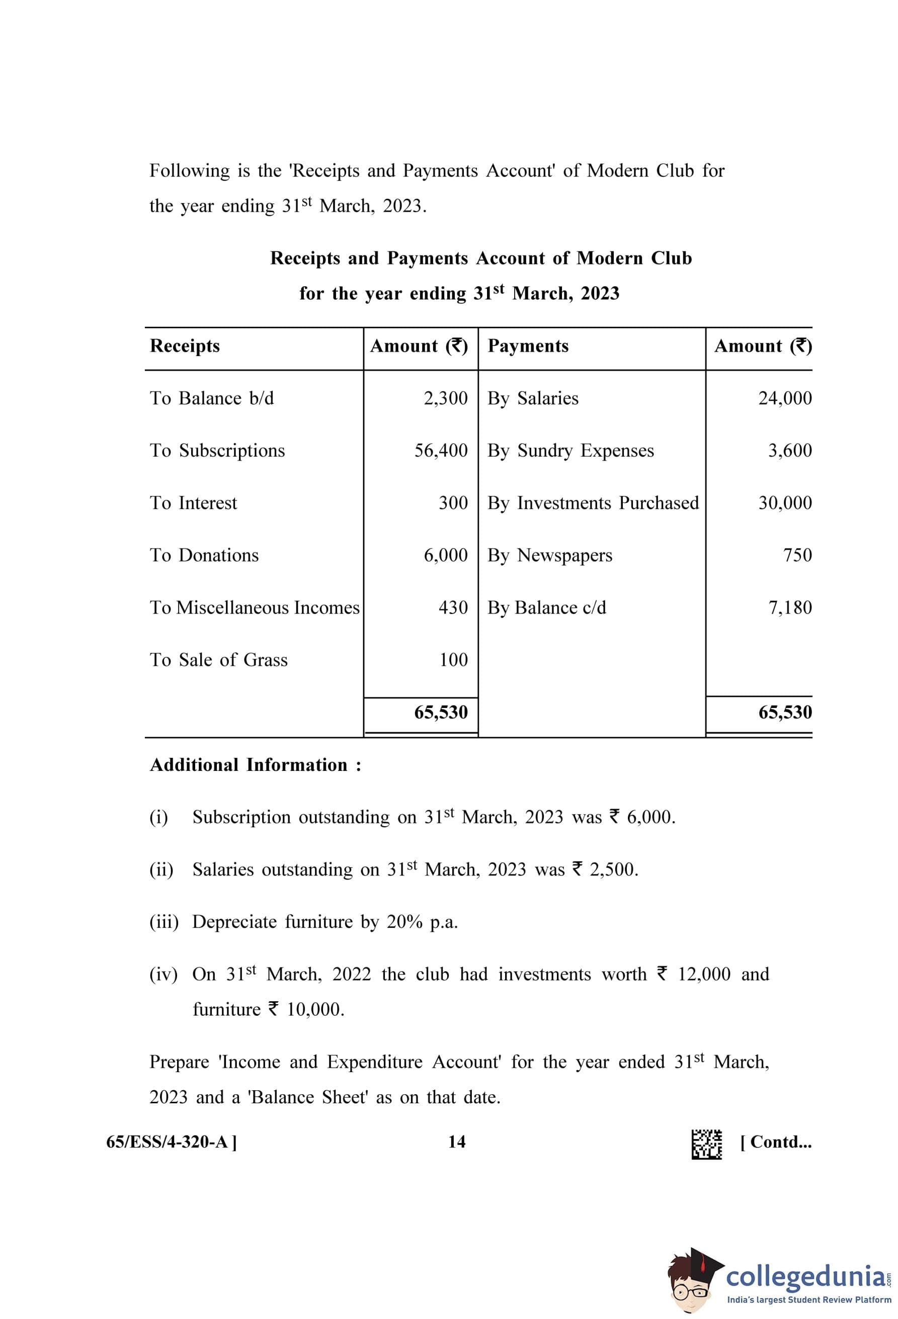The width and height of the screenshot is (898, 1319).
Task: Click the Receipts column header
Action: point(185,346)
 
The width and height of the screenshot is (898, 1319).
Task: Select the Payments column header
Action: point(528,346)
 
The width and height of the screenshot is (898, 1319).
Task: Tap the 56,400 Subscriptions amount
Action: point(441,451)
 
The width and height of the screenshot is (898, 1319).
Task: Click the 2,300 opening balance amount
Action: point(446,398)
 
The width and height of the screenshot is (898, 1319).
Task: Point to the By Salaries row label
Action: point(532,398)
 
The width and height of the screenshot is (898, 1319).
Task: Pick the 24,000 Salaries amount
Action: point(784,398)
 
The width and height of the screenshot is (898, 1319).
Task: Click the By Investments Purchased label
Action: point(593,503)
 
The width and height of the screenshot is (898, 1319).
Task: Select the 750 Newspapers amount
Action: point(797,555)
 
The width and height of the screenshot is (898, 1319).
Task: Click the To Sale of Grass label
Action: point(218,660)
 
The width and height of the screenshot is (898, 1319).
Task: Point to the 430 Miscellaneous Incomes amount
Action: point(453,608)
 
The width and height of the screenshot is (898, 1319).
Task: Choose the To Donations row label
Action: point(204,555)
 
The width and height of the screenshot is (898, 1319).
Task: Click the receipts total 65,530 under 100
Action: point(441,712)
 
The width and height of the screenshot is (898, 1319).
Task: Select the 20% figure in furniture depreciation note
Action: point(404,922)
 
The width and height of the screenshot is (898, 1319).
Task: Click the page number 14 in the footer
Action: point(456,1142)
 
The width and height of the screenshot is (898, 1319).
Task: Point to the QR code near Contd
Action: point(706,1144)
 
